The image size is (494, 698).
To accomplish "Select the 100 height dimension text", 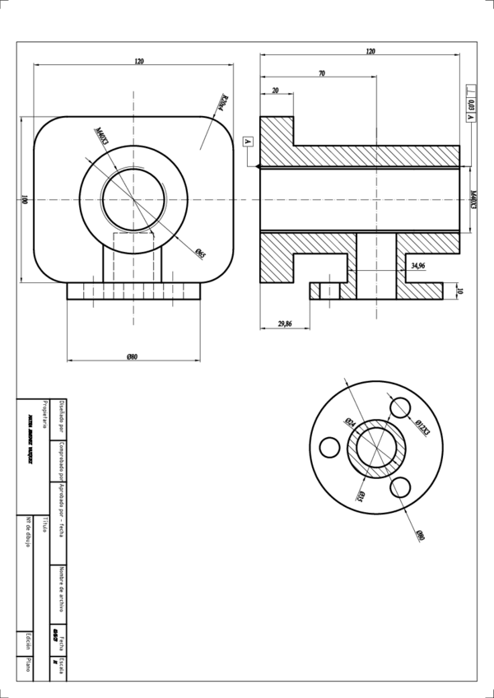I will [26, 199].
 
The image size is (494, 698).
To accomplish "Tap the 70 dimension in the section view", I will [321, 74].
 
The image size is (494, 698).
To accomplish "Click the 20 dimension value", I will [275, 91].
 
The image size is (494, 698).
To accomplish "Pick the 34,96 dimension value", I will [417, 266].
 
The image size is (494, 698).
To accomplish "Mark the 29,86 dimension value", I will [285, 324].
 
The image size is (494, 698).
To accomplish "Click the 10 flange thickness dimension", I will [459, 291].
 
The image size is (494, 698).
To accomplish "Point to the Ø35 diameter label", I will [361, 494].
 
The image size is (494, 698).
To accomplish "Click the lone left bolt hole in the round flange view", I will [329, 447].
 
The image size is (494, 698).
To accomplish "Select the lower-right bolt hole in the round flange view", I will [402, 487].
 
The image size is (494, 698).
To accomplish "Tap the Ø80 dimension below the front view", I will [132, 356].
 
